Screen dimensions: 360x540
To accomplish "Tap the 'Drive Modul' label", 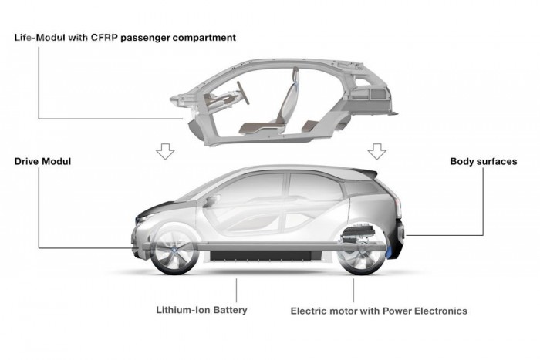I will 44,162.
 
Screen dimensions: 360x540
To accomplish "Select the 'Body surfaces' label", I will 483,162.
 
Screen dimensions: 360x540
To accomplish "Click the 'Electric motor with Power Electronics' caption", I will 378,311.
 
